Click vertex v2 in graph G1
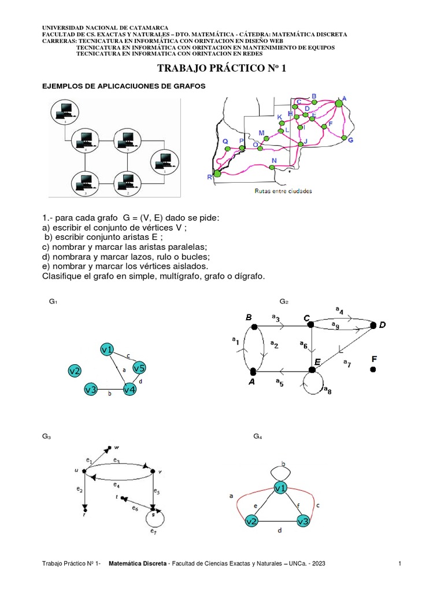click(75, 371)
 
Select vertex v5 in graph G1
click(139, 368)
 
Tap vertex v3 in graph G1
click(91, 390)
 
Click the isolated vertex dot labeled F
click(373, 369)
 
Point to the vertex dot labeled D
click(373, 325)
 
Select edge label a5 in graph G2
click(279, 382)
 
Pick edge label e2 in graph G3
click(79, 490)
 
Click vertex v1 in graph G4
click(281, 489)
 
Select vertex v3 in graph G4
click(303, 521)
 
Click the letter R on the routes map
click(209, 177)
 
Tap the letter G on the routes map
click(350, 140)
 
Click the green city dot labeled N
click(272, 168)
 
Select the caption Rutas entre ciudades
click(283, 191)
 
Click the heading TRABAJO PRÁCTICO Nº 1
click(222, 69)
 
